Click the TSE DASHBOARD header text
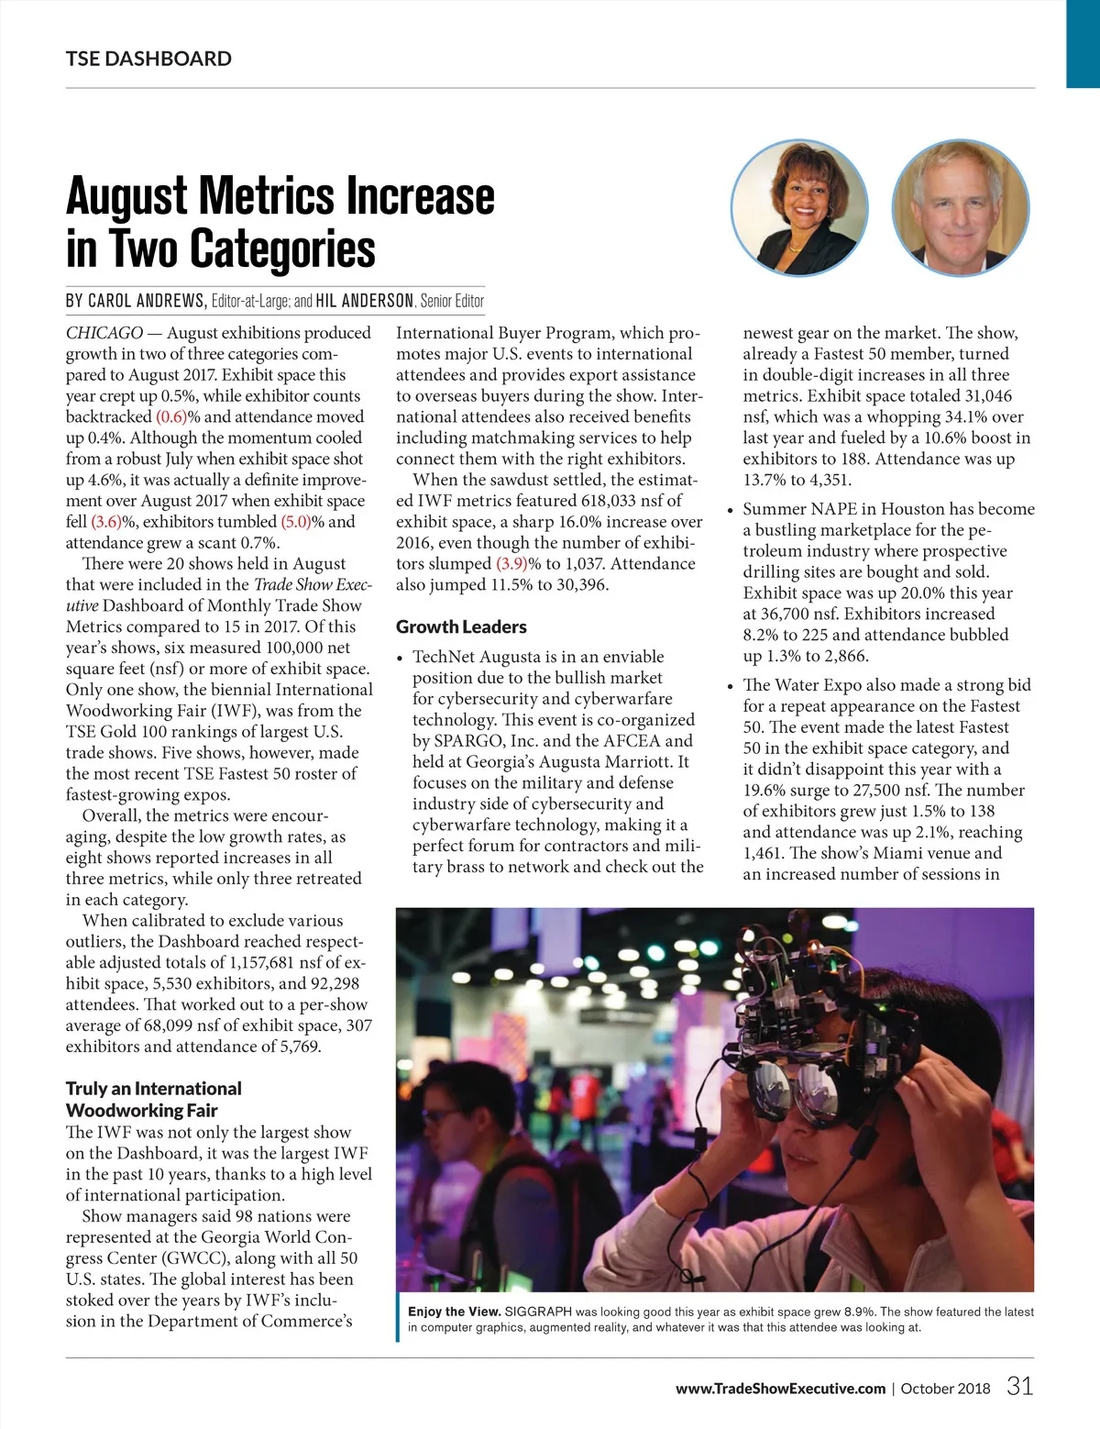(148, 59)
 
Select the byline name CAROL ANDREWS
(147, 301)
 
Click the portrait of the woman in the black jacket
(798, 208)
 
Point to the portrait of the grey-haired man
(960, 208)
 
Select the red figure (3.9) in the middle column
(511, 563)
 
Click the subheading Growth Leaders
(461, 626)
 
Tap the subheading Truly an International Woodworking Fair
(153, 1099)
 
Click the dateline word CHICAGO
(104, 333)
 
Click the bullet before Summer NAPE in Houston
(730, 511)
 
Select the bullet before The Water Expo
(730, 687)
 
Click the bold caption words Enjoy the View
(454, 1312)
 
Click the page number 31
(1019, 1386)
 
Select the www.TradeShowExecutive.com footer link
(780, 1389)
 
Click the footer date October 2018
(945, 1389)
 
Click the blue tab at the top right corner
(1083, 43)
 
